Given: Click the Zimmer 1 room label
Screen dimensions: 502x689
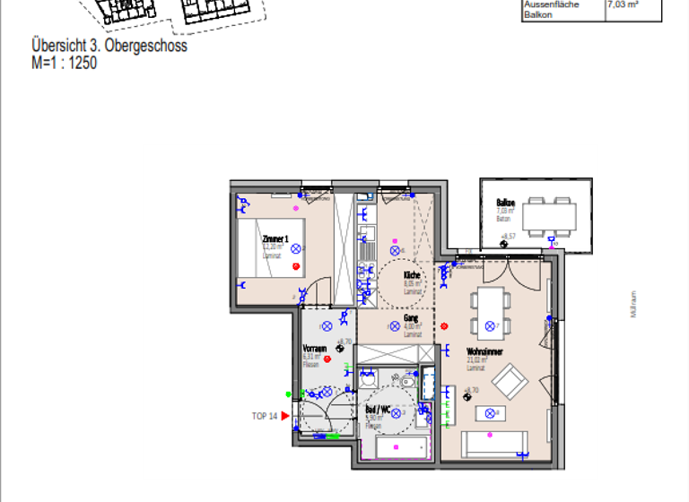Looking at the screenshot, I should coord(275,239).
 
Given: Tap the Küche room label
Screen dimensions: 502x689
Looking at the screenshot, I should coord(412,275).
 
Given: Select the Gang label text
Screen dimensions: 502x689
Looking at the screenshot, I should coord(411,318).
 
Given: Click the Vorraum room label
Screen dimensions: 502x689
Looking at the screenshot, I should coord(314,348).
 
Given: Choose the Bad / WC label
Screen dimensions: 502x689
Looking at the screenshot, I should coord(378,409).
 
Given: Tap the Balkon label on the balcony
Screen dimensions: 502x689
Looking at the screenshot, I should coord(505,203).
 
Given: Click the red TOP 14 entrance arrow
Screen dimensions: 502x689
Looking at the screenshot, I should coord(285,416).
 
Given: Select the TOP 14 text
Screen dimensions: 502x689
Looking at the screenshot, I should coord(264,416).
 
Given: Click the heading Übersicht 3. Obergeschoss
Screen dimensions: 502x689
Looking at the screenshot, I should coord(109,46).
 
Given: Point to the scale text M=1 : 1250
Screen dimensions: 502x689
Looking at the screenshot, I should coord(64,63).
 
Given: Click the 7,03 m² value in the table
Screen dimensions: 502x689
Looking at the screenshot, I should coord(622,5).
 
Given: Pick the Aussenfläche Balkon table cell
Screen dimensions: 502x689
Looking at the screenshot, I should coord(552,10).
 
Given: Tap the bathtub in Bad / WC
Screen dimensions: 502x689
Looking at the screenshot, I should coord(397,448).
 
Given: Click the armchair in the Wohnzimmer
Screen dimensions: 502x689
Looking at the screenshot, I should coord(510,382).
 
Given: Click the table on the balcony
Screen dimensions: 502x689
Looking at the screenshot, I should coord(551,215).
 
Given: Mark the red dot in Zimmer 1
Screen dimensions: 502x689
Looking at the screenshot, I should coord(297,266).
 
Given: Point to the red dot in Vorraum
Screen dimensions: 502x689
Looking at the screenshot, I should coord(327,359).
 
